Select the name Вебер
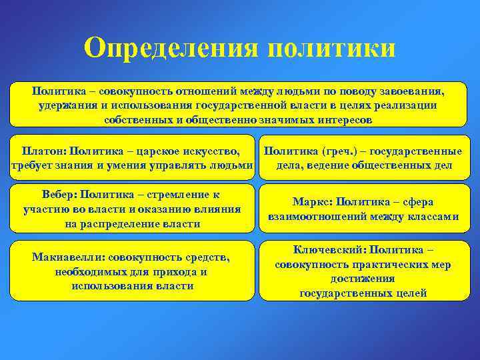(59, 195)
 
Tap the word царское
(160, 151)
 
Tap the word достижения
(363, 279)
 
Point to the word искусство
(213, 151)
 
